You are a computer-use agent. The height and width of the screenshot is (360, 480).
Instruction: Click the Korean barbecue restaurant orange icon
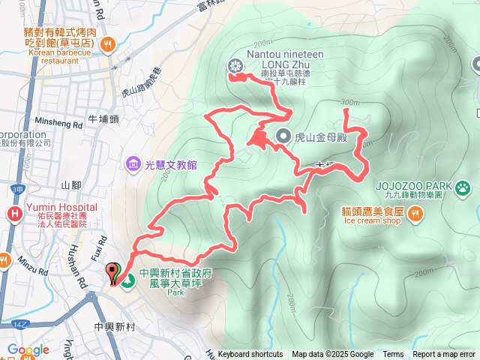[x=109, y=43]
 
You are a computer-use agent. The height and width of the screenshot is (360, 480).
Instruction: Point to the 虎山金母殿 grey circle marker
[x=283, y=136]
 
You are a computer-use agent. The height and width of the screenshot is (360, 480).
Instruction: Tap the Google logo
[x=28, y=350]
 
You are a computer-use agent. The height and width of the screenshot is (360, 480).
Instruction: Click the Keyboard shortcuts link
[x=250, y=355]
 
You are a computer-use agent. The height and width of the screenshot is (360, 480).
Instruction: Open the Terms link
[x=393, y=355]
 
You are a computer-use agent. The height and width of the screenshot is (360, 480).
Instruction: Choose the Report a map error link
[x=443, y=355]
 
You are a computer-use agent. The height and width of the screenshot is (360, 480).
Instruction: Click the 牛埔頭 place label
[x=103, y=118]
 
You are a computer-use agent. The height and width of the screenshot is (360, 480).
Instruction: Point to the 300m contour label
[x=349, y=102]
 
